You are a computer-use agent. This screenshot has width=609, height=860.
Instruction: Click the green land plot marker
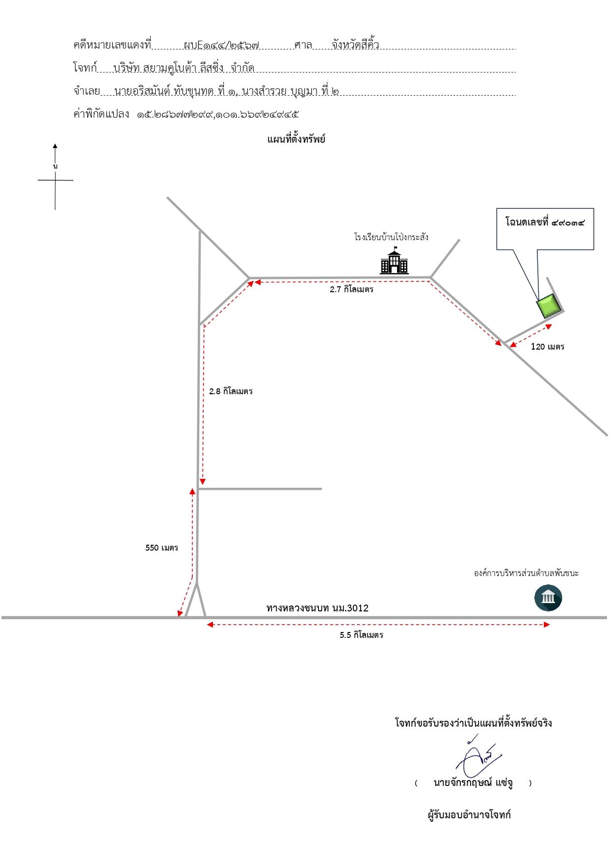[549, 305]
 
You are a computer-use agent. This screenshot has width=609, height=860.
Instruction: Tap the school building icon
[394, 262]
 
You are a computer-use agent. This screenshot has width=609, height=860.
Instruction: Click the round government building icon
[548, 598]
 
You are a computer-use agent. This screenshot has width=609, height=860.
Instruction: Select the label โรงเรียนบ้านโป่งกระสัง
[391, 237]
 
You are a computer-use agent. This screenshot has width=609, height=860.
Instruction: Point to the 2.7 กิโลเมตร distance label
[351, 289]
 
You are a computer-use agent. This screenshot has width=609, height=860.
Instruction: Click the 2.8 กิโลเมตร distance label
[231, 391]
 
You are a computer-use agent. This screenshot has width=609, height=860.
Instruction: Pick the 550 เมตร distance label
[161, 548]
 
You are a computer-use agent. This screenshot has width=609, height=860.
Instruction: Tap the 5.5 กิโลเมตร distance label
[361, 635]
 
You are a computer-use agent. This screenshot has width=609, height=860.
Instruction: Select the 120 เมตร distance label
[548, 347]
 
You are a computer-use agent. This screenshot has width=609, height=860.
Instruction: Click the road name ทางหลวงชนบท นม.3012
[318, 608]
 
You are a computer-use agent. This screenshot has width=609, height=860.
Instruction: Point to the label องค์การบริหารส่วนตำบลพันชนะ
[526, 573]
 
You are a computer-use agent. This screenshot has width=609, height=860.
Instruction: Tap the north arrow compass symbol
[55, 177]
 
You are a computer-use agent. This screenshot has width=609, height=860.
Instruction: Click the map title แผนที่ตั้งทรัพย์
[296, 139]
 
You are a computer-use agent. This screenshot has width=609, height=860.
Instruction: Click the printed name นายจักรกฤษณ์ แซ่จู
[473, 783]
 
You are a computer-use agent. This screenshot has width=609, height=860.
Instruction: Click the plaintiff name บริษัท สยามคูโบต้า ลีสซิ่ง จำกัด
[184, 68]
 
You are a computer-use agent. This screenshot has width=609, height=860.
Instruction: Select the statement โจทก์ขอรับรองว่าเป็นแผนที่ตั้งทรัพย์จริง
[474, 723]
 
